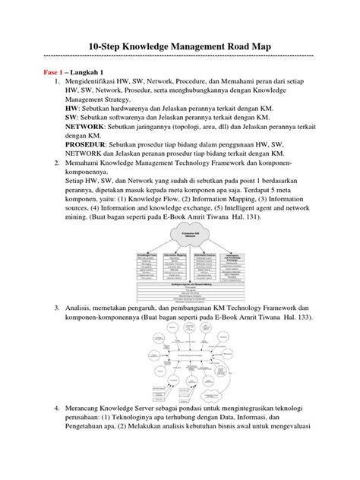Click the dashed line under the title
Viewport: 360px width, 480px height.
coord(179,56)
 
